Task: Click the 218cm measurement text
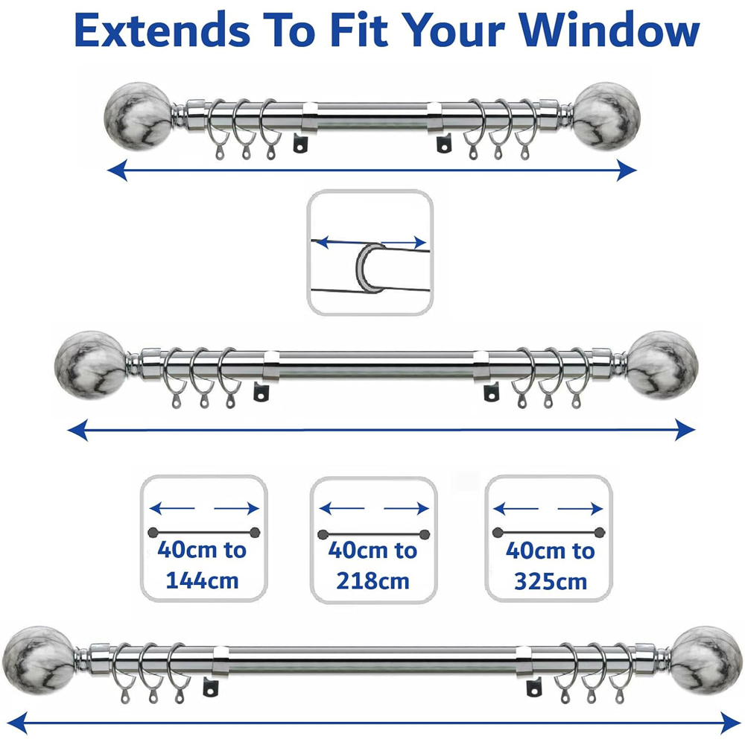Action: [x=372, y=580]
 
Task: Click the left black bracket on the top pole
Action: [x=300, y=142]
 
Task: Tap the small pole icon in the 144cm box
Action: [x=203, y=531]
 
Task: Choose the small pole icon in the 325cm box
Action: [x=548, y=531]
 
